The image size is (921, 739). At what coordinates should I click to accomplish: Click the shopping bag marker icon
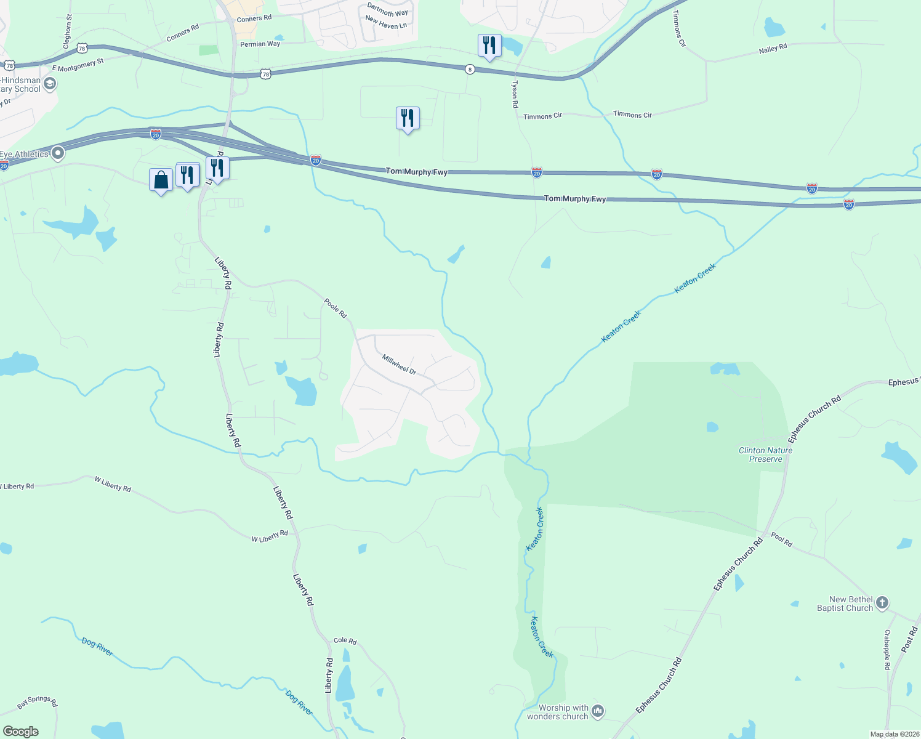click(x=161, y=180)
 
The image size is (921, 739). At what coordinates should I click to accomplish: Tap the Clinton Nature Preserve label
click(x=765, y=454)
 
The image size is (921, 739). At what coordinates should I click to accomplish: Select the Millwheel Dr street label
click(x=399, y=364)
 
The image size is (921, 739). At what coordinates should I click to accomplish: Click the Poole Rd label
click(x=336, y=308)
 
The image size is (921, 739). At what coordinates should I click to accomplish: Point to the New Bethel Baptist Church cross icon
click(x=882, y=603)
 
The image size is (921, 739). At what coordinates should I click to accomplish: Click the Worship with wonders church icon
click(x=597, y=712)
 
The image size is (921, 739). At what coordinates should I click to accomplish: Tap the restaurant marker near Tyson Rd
click(x=489, y=46)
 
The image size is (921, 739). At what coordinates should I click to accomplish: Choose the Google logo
click(x=20, y=732)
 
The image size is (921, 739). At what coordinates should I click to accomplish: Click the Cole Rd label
click(x=345, y=641)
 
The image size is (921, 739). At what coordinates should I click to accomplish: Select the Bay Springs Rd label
click(x=37, y=701)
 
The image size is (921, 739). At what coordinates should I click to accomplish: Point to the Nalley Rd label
click(x=773, y=49)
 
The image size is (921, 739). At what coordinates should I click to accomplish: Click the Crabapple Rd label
click(x=887, y=650)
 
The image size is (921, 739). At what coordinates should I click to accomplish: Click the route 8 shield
click(x=470, y=70)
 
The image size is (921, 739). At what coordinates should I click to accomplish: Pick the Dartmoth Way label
click(x=387, y=10)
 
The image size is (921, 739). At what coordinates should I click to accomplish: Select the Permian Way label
click(x=260, y=44)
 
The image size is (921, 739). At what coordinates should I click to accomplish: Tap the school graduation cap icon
click(x=50, y=83)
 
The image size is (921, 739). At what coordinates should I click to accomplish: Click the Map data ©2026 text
click(x=894, y=734)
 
